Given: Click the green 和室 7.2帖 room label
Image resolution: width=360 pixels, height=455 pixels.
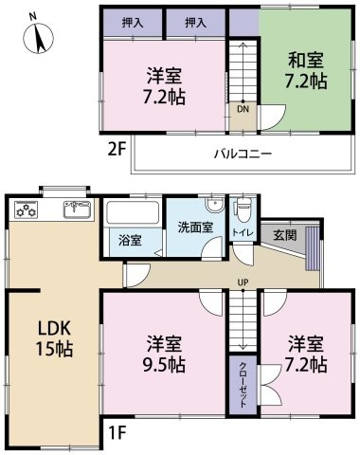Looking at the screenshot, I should [307, 71].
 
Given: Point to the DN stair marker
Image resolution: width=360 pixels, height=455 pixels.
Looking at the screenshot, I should [243, 109].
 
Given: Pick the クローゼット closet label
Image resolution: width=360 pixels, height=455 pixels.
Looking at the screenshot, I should [243, 384].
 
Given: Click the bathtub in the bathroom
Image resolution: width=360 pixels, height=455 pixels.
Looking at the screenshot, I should [132, 211].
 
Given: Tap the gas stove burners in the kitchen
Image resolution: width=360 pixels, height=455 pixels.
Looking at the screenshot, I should [27, 210].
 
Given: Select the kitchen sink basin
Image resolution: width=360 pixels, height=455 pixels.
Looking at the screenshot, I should [75, 209].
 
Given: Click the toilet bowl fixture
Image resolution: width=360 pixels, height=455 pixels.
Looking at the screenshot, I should [243, 211].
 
